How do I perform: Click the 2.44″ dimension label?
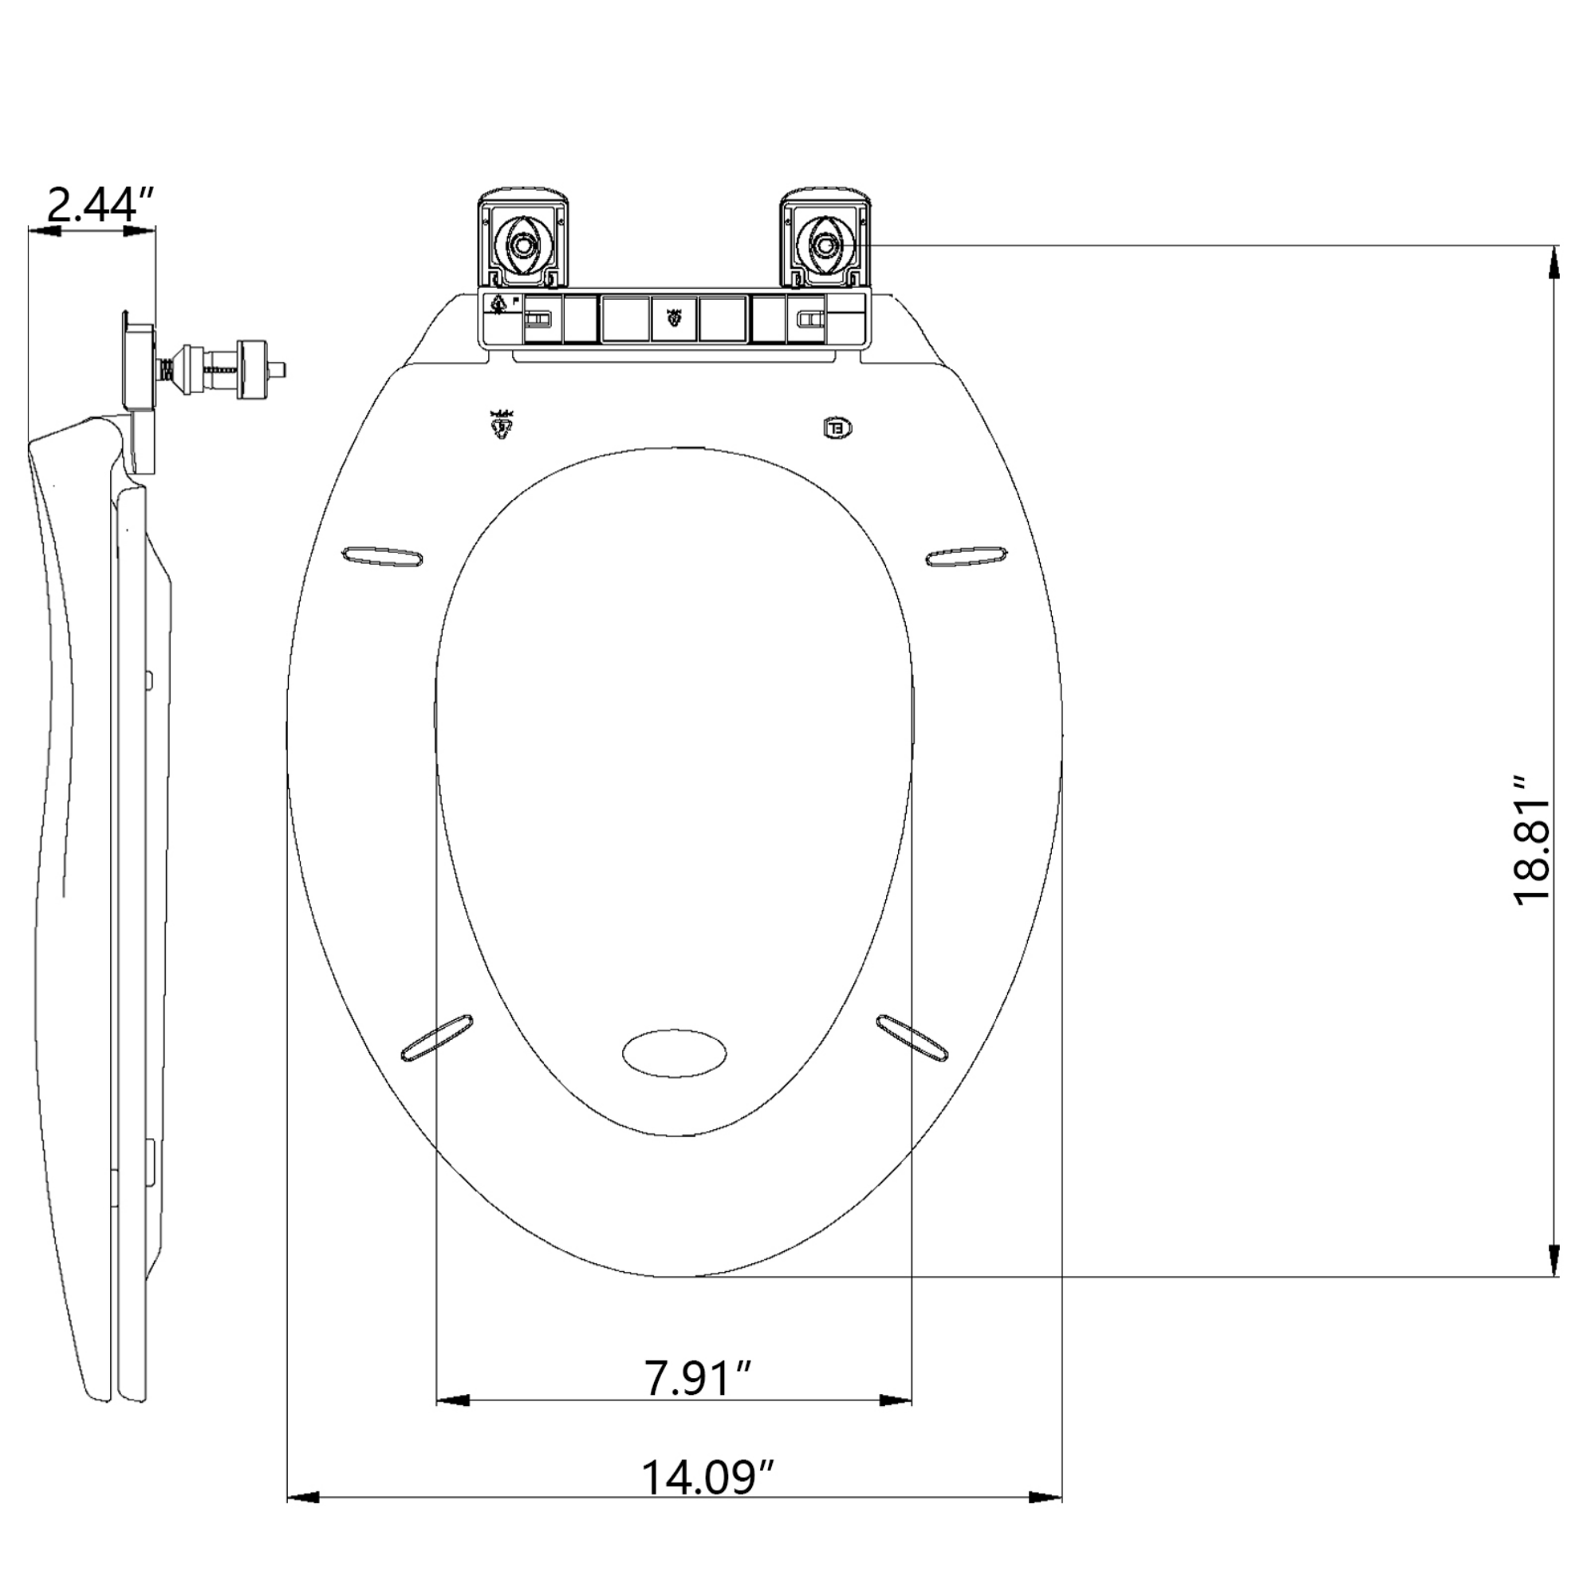tap(101, 206)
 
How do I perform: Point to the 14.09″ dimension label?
tap(708, 1477)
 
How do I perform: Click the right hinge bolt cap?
tap(824, 244)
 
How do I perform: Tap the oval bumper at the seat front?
tap(675, 1053)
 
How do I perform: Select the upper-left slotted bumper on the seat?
tap(383, 556)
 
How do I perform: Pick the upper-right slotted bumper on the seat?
tap(967, 556)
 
